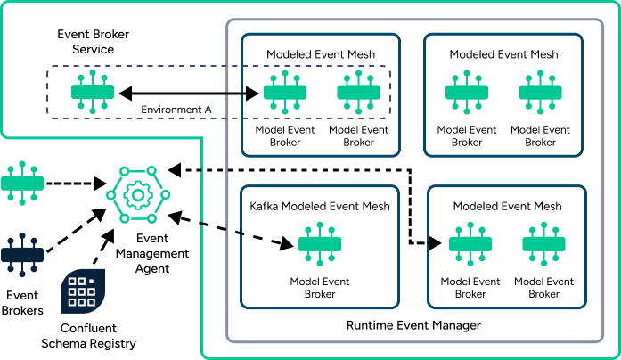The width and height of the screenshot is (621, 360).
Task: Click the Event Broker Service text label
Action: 93,42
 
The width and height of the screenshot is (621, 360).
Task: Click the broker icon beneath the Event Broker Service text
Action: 94,92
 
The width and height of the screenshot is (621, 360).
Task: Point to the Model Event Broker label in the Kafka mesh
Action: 320,288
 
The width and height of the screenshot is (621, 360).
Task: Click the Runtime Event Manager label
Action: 413,326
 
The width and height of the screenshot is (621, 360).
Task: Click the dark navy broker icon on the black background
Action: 21,254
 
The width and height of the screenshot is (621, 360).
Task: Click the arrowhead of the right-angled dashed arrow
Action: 437,242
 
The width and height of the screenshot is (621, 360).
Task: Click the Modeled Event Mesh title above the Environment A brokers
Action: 321,54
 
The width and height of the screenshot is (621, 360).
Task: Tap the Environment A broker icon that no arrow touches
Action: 358,92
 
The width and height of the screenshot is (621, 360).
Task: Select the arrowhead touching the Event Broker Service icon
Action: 126,92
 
